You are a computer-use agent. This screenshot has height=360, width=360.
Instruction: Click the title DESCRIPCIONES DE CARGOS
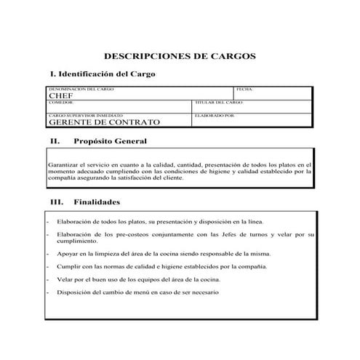click(x=180, y=55)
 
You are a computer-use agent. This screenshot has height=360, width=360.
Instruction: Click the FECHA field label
click(x=244, y=89)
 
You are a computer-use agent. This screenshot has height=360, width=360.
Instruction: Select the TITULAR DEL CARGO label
click(x=219, y=103)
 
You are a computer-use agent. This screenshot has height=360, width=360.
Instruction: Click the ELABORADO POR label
click(x=215, y=115)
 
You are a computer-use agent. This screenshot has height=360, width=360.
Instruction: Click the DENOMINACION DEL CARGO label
click(x=82, y=89)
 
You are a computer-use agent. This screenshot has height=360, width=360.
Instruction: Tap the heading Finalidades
click(x=97, y=201)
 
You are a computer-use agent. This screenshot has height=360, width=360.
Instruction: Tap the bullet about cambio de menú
click(x=136, y=292)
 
